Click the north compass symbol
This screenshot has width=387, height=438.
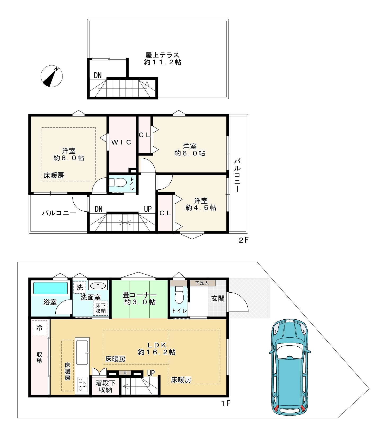52,76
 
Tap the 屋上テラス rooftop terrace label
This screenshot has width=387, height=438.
162,55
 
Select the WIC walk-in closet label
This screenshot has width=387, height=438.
121,142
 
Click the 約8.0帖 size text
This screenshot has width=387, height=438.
69,158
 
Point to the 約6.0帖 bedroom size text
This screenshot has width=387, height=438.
190,153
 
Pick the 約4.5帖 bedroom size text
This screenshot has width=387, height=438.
201,208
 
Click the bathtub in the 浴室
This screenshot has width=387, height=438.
50,288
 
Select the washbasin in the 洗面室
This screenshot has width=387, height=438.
98,285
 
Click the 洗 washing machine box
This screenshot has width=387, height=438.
80,287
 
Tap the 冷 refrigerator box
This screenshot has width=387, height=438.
39,328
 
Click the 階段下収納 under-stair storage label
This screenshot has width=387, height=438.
105,386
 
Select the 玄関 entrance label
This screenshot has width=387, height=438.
218,298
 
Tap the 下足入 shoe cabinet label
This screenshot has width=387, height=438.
202,283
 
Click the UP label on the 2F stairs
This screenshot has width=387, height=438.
148,209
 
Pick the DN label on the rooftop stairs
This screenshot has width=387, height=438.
98,75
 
